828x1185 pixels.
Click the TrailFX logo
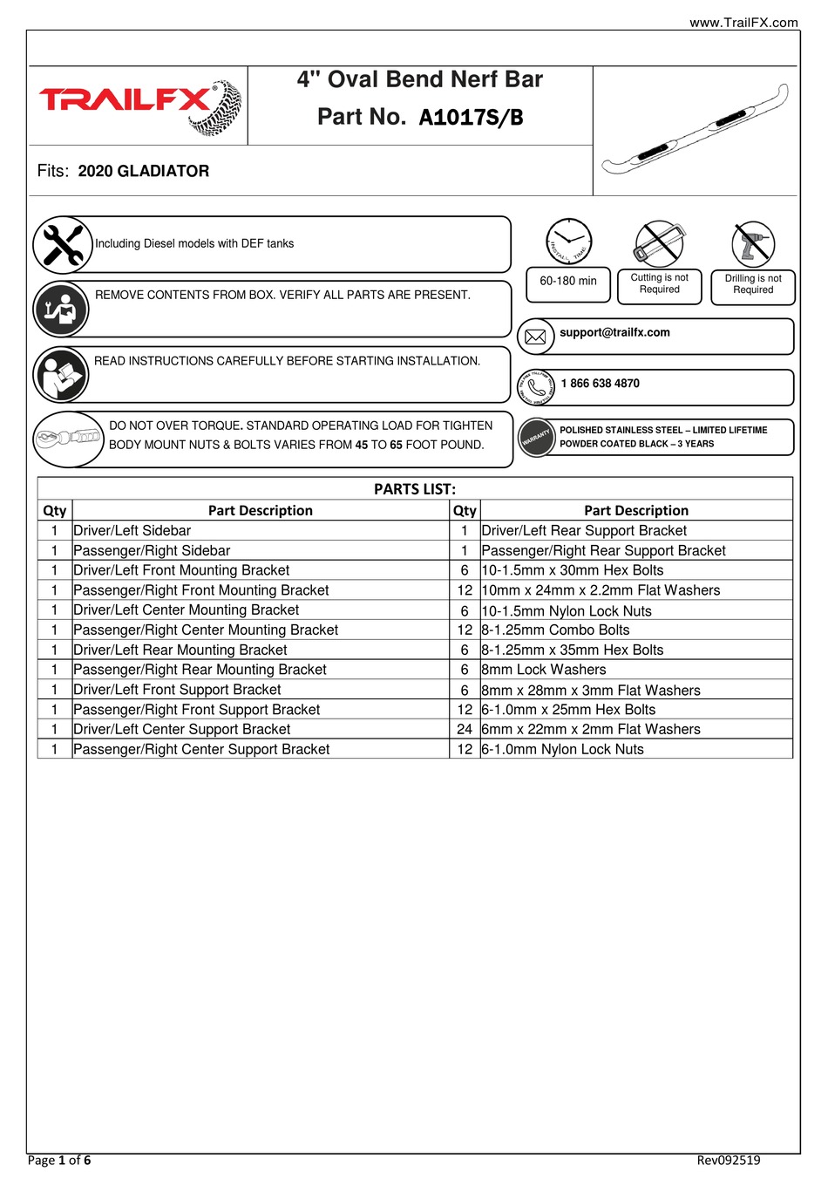pos(139,106)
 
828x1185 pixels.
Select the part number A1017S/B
pos(471,118)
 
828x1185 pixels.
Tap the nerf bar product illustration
pos(695,131)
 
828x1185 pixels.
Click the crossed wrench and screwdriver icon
pos(63,245)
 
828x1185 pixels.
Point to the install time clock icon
pos(568,241)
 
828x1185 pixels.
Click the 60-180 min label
pos(568,282)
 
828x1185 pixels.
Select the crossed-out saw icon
pos(660,243)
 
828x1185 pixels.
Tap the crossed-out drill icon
pos(753,243)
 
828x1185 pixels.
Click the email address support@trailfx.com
pos(614,333)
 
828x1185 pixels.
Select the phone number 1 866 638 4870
pos(600,384)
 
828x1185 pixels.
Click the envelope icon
pos(536,337)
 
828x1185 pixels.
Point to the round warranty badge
pos(537,438)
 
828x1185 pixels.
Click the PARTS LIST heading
pos(415,489)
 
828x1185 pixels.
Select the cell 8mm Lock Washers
pos(544,670)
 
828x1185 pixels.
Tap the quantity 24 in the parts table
pos(465,730)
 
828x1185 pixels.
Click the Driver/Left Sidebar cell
pos(132,531)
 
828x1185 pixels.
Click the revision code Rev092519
pos(728,1161)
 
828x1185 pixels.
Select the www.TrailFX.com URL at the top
pos(743,23)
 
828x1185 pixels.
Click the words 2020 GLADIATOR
pos(144,172)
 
